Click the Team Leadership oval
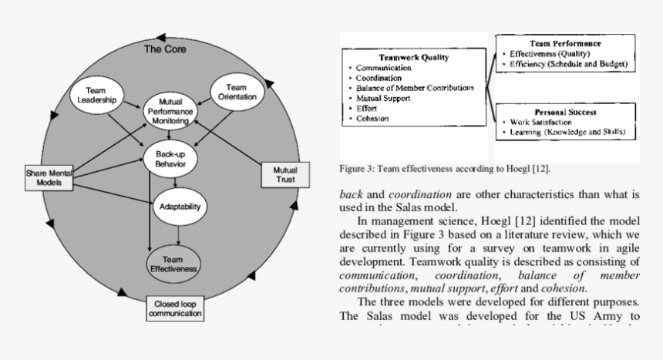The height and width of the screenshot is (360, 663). point(96,95)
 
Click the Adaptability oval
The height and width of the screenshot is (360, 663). point(179,207)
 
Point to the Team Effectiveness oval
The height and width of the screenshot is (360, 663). point(173,264)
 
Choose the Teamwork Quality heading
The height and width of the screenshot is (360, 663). point(414,57)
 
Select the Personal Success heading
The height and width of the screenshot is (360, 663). point(567,111)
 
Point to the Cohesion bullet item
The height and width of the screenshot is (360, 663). point(372,119)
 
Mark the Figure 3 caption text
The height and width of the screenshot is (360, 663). point(445,168)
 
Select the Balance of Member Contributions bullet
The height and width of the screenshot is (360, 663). point(415,88)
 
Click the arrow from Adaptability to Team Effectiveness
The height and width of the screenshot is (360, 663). point(179,234)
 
